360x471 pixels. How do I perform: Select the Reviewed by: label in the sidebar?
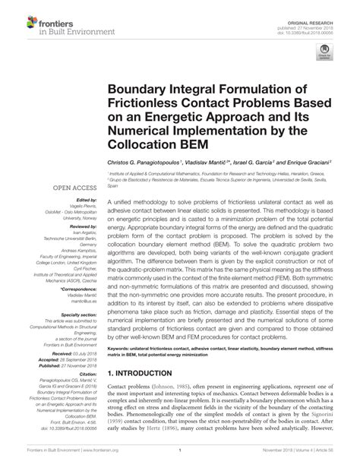coord(68,226)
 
